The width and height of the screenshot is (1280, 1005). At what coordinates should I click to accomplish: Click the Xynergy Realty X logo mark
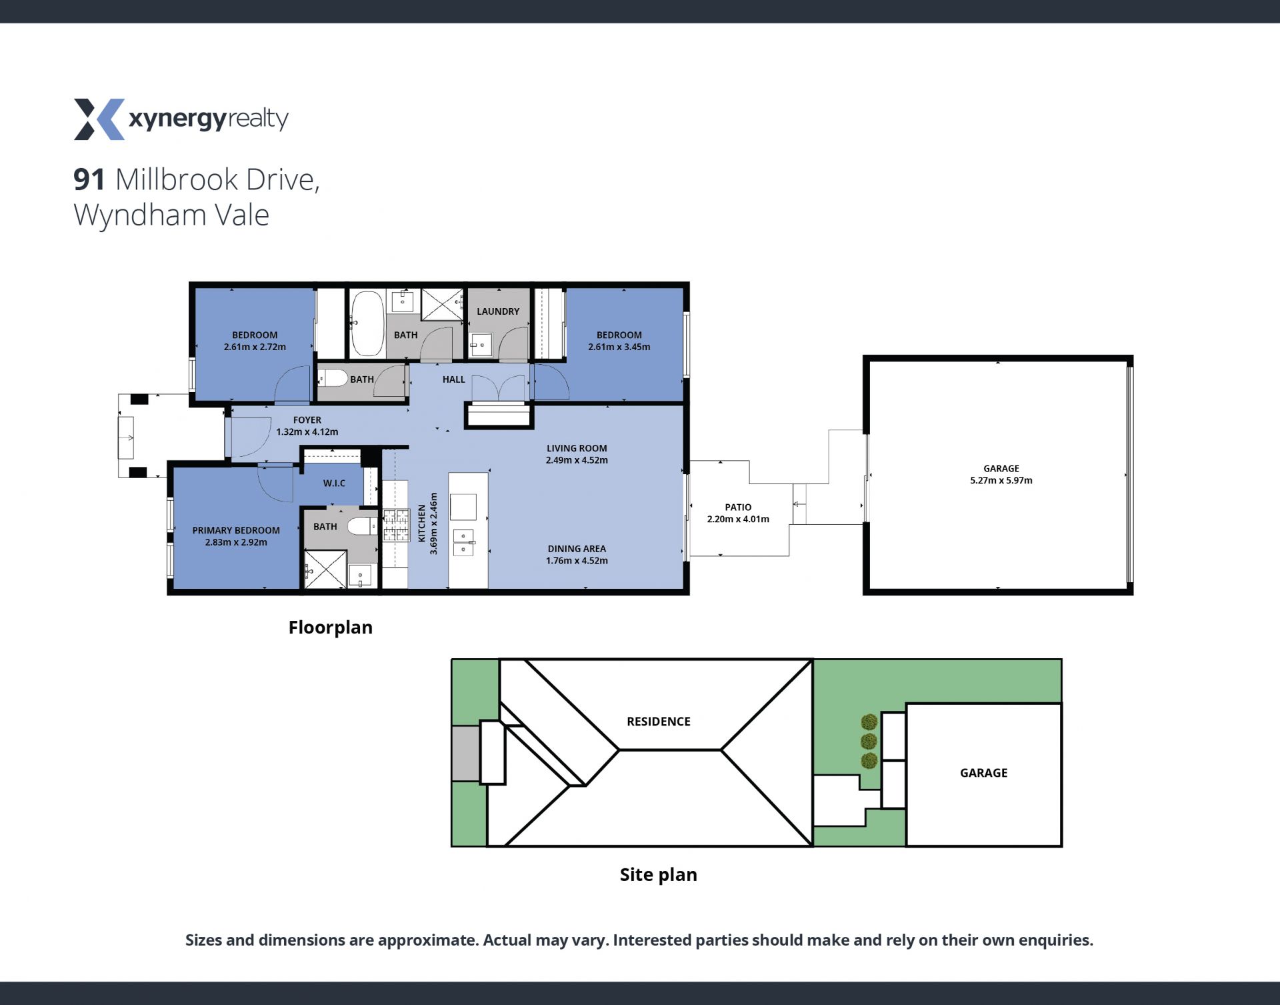(x=99, y=119)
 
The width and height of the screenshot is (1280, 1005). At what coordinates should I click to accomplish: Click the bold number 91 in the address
(x=89, y=179)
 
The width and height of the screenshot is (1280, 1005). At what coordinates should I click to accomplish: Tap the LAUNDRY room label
(x=498, y=311)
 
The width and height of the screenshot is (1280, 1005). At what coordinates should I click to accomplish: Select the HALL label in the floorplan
(x=454, y=379)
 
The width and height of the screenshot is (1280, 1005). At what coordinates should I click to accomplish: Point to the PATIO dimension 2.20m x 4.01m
(x=738, y=519)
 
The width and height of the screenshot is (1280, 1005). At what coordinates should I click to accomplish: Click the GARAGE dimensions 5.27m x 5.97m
(x=1001, y=480)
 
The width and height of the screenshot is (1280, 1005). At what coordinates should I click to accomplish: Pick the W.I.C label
(x=334, y=483)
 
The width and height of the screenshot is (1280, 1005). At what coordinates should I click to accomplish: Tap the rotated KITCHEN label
(x=421, y=524)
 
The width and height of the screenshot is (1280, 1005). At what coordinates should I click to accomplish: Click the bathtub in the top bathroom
(x=367, y=323)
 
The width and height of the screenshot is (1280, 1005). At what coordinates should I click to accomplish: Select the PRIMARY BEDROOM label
(x=236, y=530)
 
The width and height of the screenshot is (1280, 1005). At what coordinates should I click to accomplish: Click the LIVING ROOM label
(x=577, y=448)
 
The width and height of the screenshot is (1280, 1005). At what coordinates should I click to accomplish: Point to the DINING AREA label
(x=577, y=549)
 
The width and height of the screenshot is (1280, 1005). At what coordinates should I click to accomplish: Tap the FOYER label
(x=307, y=420)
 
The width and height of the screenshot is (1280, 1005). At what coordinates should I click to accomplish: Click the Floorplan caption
(x=331, y=628)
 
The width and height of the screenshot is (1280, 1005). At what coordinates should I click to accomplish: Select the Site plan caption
(x=659, y=875)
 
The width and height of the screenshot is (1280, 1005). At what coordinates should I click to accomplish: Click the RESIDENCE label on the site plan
(x=659, y=722)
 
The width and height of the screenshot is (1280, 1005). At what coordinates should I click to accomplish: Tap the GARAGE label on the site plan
(x=984, y=773)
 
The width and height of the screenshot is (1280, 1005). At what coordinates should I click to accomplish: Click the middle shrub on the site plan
(x=869, y=741)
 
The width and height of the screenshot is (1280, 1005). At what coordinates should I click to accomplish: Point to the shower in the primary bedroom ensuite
(x=325, y=570)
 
